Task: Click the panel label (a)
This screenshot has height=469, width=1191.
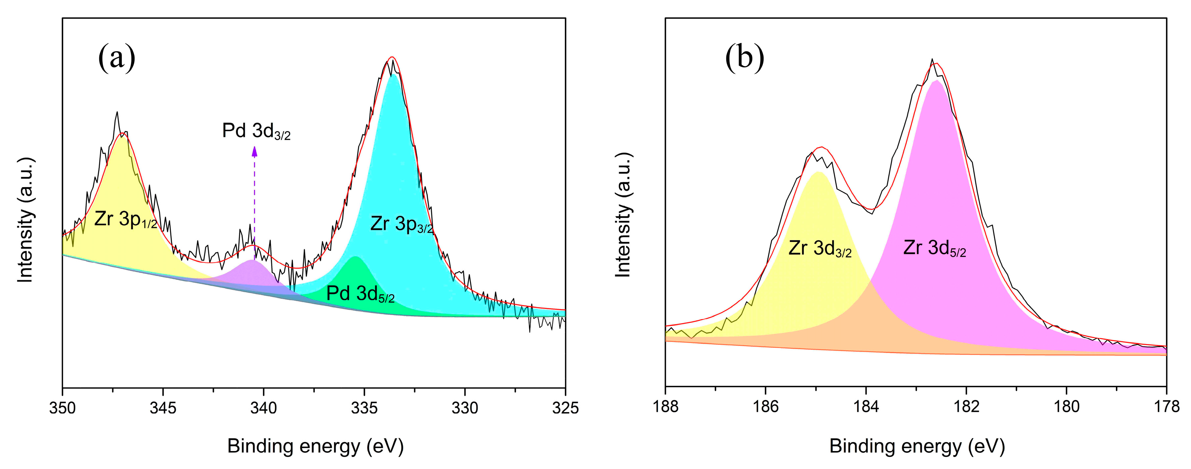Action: (117, 58)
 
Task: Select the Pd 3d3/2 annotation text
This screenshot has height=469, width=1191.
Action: (256, 131)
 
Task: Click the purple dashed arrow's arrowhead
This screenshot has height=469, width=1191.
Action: (254, 151)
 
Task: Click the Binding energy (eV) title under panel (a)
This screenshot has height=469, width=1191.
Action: (315, 446)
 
